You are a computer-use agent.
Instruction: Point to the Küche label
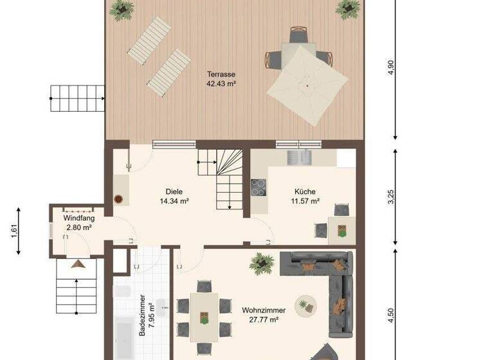pos(306,191)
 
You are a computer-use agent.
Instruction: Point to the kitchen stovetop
pos(259,187)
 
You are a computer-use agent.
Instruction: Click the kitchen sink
pos(298,157)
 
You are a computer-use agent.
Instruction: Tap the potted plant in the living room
pos(262,262)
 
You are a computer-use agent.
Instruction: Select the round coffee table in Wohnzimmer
pos(304,303)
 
